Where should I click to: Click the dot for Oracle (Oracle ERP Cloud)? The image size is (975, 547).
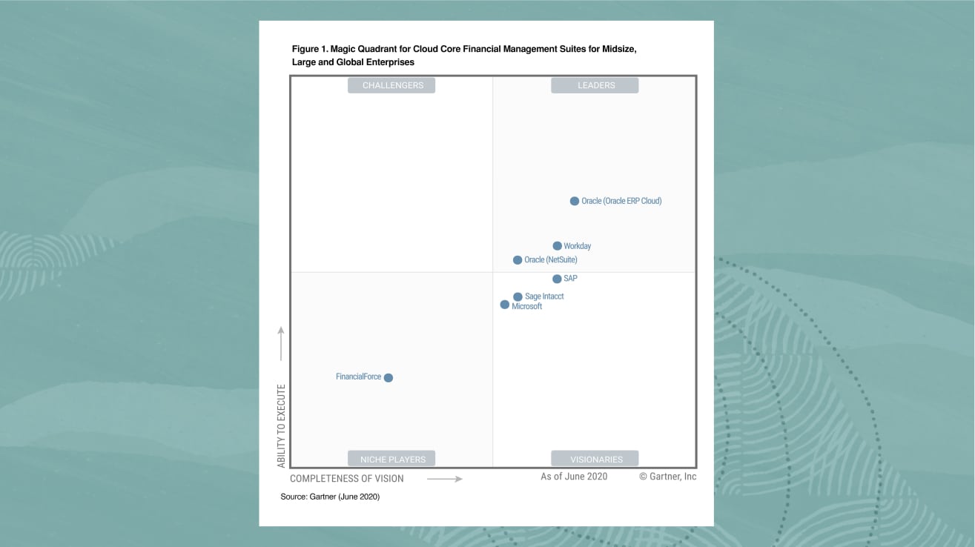point(574,201)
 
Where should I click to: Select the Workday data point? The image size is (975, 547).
point(557,246)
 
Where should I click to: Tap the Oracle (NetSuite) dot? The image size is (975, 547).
point(518,260)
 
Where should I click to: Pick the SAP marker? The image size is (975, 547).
point(557,279)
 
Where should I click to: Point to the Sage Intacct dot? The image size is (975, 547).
point(518,296)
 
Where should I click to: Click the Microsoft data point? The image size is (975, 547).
point(505,305)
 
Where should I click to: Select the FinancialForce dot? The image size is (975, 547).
point(388,377)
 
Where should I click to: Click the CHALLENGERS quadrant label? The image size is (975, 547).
point(392,85)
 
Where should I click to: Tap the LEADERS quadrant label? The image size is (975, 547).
point(595,85)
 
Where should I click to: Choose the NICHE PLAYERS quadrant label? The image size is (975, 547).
point(392,459)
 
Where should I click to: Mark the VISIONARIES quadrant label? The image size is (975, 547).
point(595,459)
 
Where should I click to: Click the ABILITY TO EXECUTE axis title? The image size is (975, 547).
point(282,425)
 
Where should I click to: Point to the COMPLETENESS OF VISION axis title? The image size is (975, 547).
point(347,479)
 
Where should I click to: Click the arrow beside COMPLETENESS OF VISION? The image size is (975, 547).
point(445,479)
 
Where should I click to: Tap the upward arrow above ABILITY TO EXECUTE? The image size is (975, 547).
point(281,342)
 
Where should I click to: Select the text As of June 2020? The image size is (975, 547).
point(574,477)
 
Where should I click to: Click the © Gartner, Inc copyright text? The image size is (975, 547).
point(667,477)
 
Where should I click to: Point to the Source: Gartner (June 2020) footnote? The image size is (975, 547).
point(330,497)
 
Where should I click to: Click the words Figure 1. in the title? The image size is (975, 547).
point(309,49)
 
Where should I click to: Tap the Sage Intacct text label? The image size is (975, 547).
point(544,296)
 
